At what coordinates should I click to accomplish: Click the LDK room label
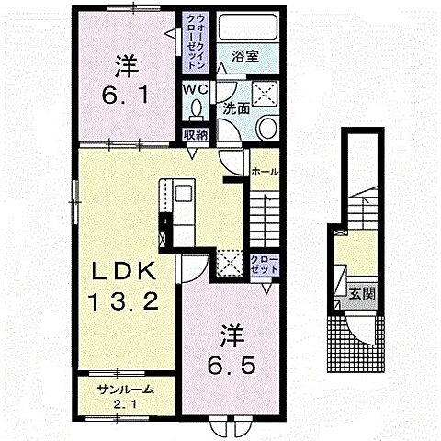pos(124,271)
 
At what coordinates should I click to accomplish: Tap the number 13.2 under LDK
pos(123,300)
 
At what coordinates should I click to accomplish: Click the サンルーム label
pos(125,390)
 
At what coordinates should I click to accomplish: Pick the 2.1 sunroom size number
pos(124,405)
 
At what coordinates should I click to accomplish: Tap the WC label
pos(196,89)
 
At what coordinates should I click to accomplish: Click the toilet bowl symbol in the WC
pos(196,109)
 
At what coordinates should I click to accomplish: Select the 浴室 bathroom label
pos(245,56)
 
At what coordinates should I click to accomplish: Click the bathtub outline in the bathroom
pos(248,27)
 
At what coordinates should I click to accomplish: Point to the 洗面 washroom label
pos(236,108)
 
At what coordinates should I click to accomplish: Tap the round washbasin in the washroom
pos(266,128)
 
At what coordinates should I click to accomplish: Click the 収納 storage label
pos(196,135)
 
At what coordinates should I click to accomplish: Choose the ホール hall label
pos(265,172)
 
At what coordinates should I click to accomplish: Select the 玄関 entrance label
pos(362,294)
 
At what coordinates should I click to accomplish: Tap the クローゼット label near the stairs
pos(265,265)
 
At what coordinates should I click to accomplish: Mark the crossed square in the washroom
pos(265,94)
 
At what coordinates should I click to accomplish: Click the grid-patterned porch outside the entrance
pos(356,344)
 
